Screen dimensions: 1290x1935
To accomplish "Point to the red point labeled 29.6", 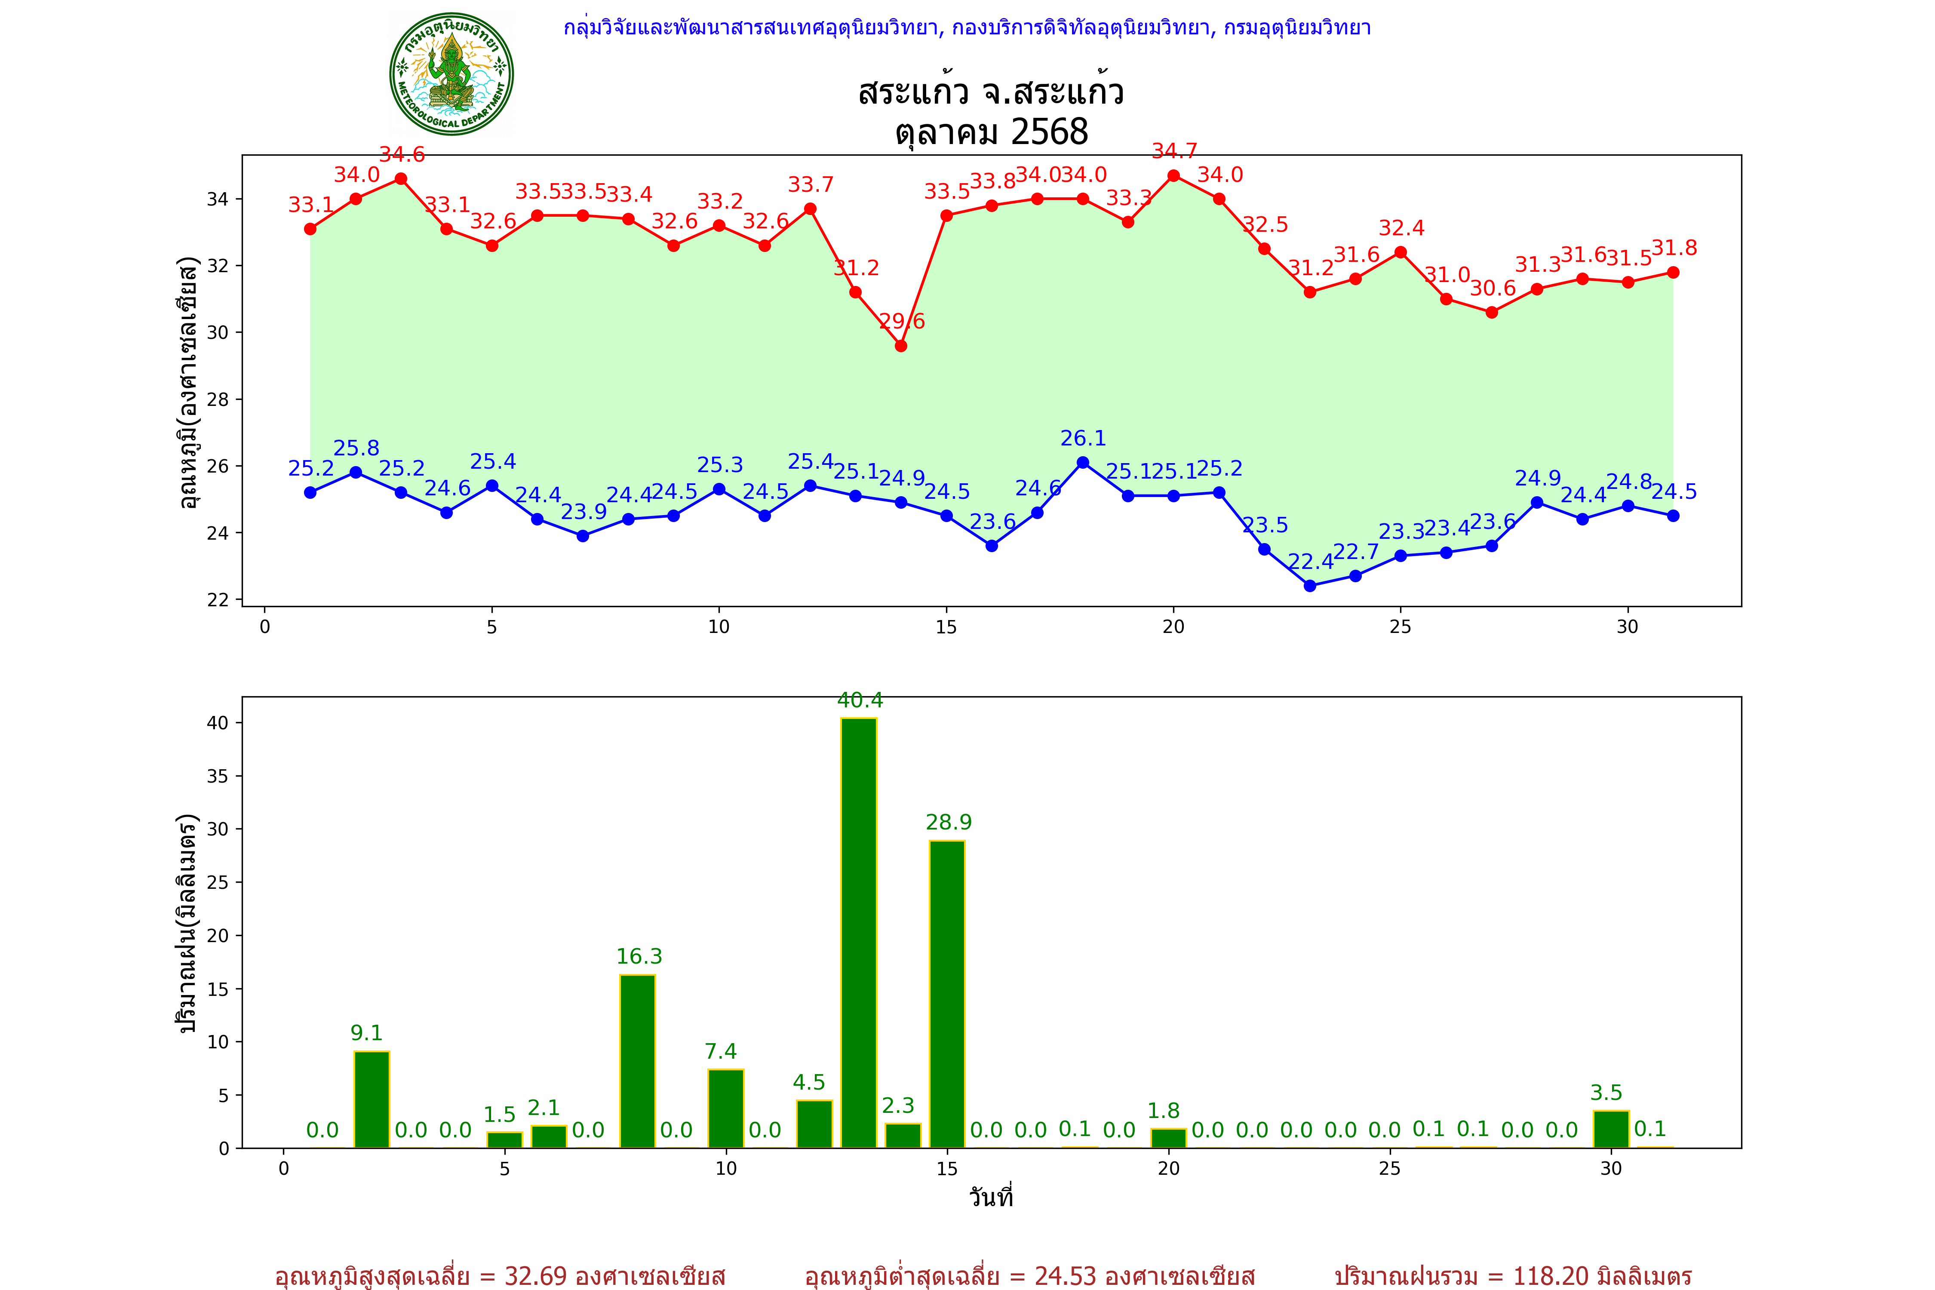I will tap(901, 346).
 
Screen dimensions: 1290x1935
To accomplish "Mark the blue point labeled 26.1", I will tap(1083, 462).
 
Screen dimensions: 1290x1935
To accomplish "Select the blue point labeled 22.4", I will tap(1310, 586).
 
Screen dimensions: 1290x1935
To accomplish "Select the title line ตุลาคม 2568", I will tap(991, 132).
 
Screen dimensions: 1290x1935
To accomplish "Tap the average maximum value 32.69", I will tap(536, 1276).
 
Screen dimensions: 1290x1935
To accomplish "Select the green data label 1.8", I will tap(1163, 1111).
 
